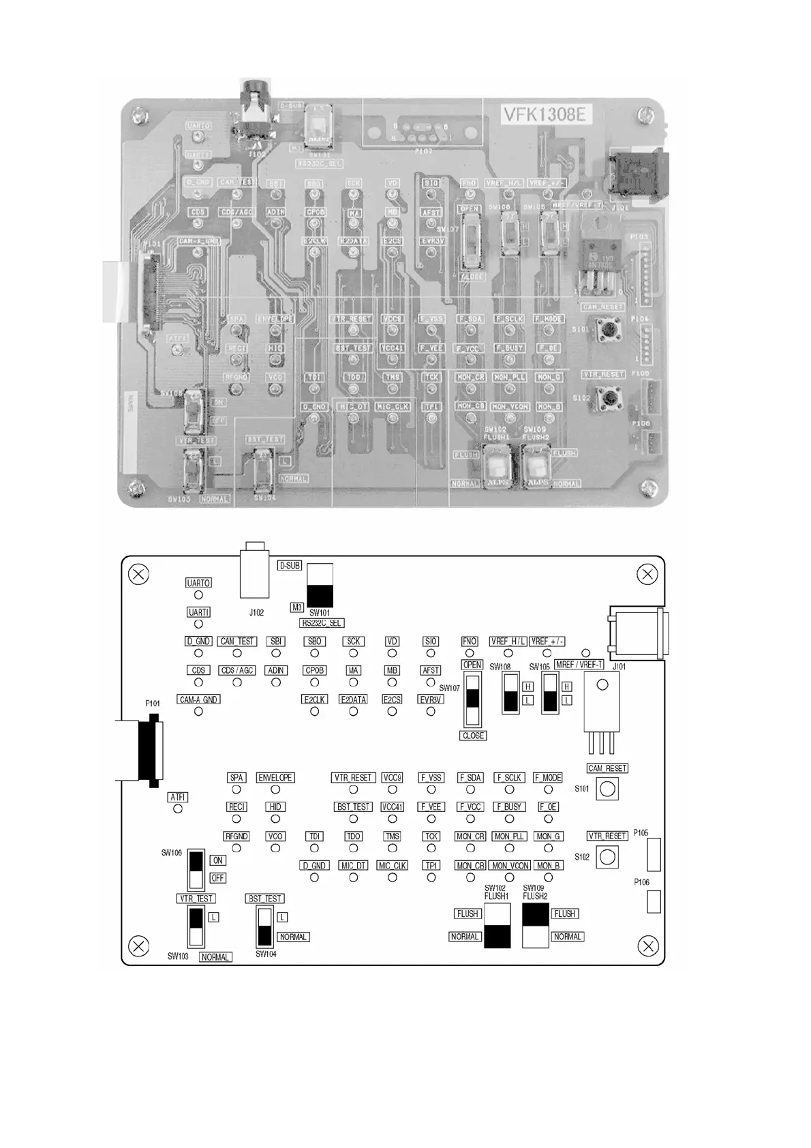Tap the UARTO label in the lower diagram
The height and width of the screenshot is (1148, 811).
(x=198, y=583)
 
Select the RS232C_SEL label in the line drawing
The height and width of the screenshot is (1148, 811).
(x=322, y=623)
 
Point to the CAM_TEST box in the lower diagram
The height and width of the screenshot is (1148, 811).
(x=237, y=641)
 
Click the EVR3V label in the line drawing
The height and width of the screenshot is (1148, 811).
(x=431, y=699)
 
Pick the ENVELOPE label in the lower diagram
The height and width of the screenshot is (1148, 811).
(x=275, y=778)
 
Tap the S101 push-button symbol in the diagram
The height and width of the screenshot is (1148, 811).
(x=607, y=789)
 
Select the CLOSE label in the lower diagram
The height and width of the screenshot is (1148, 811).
(x=473, y=736)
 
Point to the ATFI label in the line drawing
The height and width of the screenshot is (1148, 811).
(x=178, y=797)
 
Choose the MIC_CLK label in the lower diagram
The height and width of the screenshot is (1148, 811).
(x=392, y=866)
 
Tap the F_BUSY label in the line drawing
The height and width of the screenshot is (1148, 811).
(x=509, y=807)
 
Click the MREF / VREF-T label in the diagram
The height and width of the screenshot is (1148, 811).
(x=579, y=665)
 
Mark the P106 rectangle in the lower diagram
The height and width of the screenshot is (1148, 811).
(x=653, y=902)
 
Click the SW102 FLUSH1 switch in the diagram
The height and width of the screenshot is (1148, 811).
(x=497, y=926)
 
